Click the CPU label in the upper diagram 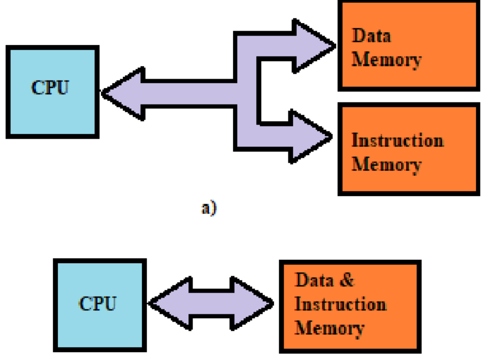50,88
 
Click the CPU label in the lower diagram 97,304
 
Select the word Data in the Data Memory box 371,36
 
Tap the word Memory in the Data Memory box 386,60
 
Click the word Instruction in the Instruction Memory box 398,140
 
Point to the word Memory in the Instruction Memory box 386,164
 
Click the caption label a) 209,208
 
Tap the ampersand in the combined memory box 347,280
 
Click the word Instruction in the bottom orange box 341,304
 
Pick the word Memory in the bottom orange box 329,328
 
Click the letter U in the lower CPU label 109,304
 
